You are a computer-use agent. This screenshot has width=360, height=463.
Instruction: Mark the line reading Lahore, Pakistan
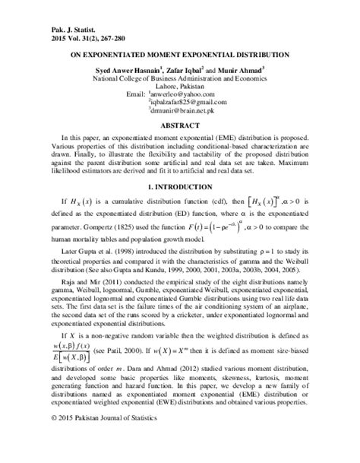[x=180, y=87]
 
